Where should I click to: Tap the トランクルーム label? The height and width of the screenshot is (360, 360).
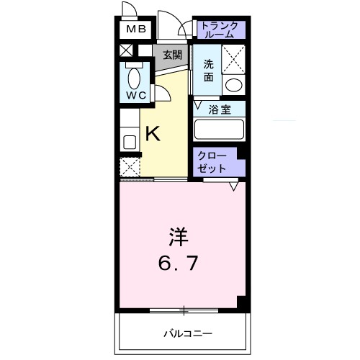[x=219, y=29]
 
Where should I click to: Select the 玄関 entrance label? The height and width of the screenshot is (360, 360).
[x=171, y=55]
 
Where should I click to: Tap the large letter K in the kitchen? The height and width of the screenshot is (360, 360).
[x=153, y=133]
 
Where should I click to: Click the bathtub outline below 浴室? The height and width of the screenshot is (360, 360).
[x=219, y=129]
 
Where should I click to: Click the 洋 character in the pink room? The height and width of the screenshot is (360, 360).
[x=180, y=235]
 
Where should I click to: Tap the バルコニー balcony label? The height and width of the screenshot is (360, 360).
[x=184, y=333]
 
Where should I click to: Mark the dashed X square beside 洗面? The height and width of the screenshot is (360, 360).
[x=233, y=59]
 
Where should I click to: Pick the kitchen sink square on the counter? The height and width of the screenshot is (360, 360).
[x=130, y=141]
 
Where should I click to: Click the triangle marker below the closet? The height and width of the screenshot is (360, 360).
[x=234, y=186]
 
